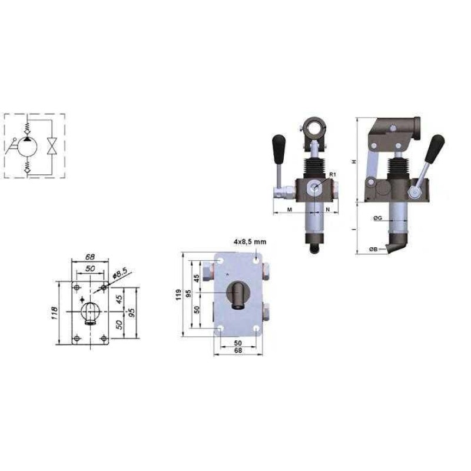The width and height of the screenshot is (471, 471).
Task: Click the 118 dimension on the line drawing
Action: click(x=55, y=313)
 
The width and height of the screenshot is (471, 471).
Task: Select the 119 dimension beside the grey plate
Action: click(x=179, y=295)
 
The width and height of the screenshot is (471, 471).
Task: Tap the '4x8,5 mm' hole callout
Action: click(x=250, y=242)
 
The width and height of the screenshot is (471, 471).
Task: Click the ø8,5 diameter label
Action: click(x=120, y=273)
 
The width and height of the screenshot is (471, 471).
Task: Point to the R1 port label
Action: click(x=332, y=174)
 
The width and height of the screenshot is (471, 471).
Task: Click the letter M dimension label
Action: click(x=290, y=210)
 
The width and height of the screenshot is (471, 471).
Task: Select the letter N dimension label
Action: click(x=328, y=210)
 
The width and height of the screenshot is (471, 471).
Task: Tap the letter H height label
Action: click(x=355, y=161)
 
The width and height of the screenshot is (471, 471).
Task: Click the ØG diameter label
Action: click(x=377, y=218)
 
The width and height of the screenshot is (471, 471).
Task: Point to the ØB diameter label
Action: click(x=374, y=249)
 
